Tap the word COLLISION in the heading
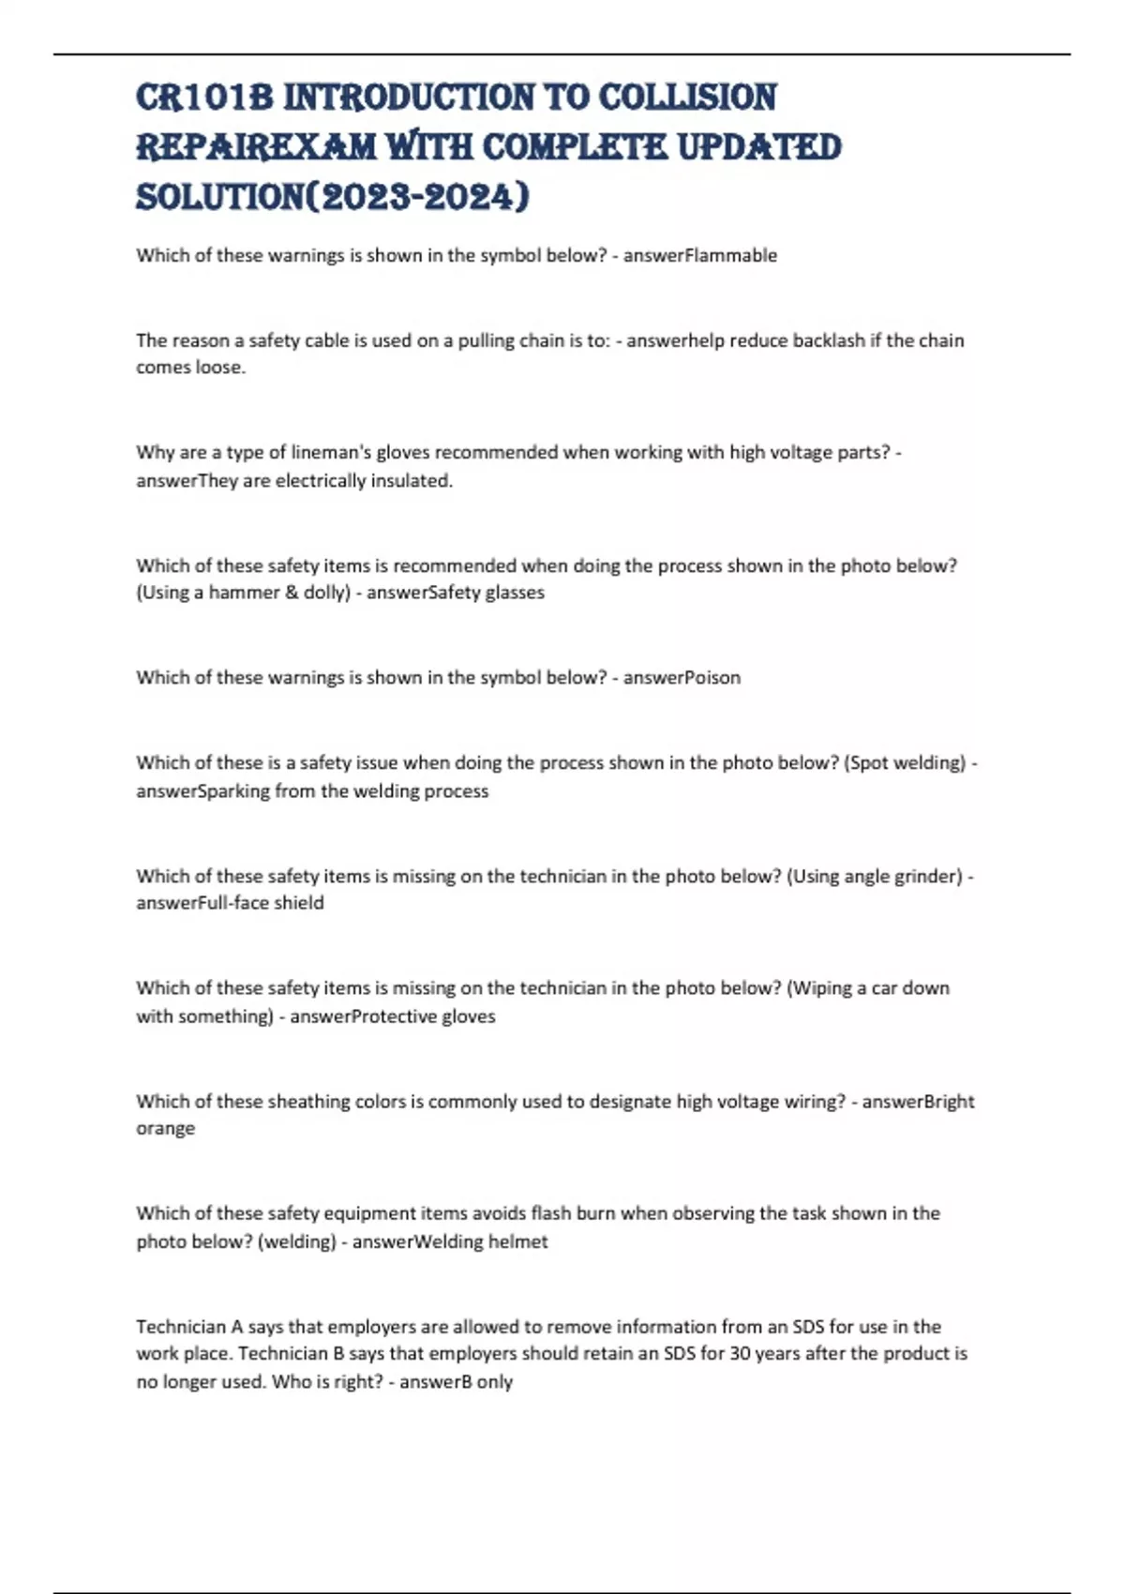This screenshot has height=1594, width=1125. coord(687,98)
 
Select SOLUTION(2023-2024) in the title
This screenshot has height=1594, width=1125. coord(333,197)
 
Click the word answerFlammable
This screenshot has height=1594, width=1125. coord(700,255)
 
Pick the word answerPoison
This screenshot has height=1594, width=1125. coord(682,678)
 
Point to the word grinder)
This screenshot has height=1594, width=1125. coord(928,877)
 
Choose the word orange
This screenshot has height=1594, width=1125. coord(166,1129)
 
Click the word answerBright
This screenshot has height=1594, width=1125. coord(918,1102)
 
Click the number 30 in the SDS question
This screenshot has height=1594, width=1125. coord(740,1354)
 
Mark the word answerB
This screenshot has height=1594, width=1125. coord(432,1382)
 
